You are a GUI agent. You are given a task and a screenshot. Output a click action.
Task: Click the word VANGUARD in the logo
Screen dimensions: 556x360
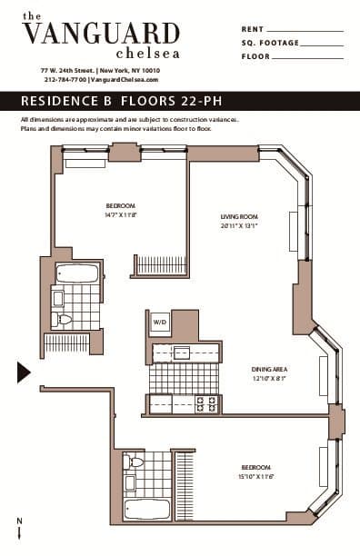pyautogui.click(x=100, y=34)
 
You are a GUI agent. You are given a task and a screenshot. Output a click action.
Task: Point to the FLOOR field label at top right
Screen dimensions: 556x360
pyautogui.click(x=255, y=56)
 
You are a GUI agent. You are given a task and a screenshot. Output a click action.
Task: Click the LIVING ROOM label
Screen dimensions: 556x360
pyautogui.click(x=239, y=216)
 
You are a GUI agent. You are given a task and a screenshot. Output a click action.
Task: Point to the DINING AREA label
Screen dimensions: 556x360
pyautogui.click(x=270, y=369)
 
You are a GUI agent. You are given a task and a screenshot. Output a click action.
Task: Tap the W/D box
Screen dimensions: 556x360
pyautogui.click(x=160, y=322)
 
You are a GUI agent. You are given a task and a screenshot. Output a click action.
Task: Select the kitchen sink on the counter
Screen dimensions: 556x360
pyautogui.click(x=182, y=352)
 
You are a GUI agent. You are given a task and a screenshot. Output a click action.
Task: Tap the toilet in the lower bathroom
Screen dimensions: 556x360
pyautogui.click(x=135, y=463)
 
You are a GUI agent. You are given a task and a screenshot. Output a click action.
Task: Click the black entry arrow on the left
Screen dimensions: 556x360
pyautogui.click(x=24, y=372)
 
